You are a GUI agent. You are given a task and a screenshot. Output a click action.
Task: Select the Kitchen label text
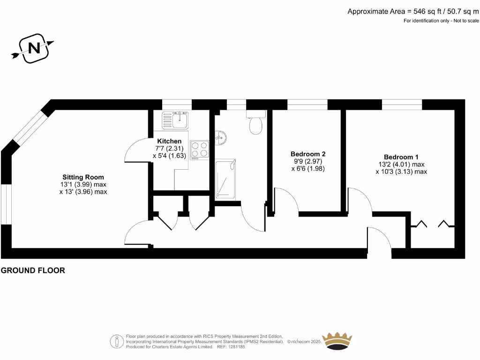(169, 141)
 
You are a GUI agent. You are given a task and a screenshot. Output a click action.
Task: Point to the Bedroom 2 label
(308, 154)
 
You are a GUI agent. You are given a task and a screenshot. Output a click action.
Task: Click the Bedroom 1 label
(401, 157)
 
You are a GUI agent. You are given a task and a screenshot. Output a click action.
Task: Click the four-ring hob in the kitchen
(200, 149)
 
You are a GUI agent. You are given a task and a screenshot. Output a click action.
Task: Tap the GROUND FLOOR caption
(33, 270)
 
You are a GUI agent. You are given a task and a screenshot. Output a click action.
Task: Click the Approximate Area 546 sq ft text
(412, 11)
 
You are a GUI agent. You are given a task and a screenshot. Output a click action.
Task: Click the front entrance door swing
(380, 242)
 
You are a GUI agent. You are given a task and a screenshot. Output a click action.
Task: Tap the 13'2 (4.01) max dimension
(401, 165)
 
